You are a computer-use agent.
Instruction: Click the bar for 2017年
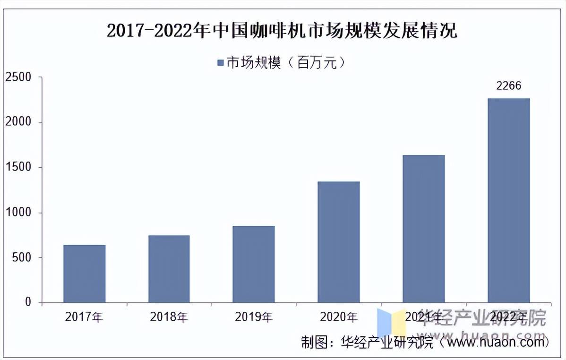pos(85,274)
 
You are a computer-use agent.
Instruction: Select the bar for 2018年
pos(169,269)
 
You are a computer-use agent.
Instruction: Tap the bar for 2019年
pos(254,264)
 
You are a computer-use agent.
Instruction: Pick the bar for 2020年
pos(339,242)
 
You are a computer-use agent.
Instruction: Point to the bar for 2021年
pos(424,229)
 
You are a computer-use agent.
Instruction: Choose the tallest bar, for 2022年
pos(509,200)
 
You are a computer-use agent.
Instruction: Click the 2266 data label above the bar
pos(508,86)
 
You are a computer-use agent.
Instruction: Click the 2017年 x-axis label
pos(84,317)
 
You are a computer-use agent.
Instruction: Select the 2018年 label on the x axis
pos(169,317)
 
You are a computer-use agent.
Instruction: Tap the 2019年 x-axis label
pos(254,317)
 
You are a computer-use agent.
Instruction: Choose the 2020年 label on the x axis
pos(339,317)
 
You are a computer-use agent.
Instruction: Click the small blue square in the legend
pos(220,62)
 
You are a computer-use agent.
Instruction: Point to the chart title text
pos(282,31)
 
